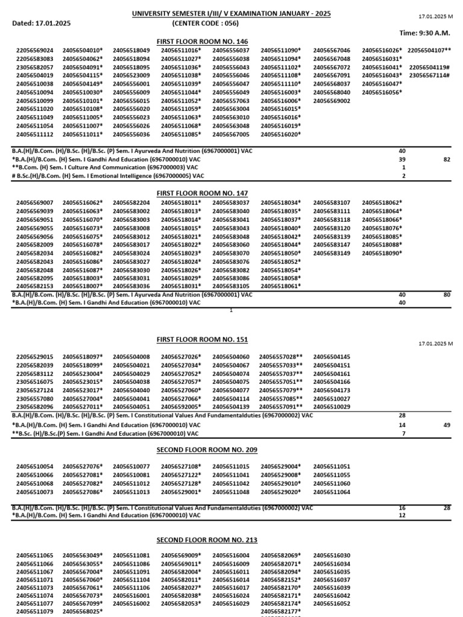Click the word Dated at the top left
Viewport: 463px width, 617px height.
[x=22, y=23]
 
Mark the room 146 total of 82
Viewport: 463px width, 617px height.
[x=447, y=159]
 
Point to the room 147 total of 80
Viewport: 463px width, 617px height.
[x=447, y=295]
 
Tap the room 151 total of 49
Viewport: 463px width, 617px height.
[x=447, y=424]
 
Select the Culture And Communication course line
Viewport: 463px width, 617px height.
[x=105, y=168]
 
